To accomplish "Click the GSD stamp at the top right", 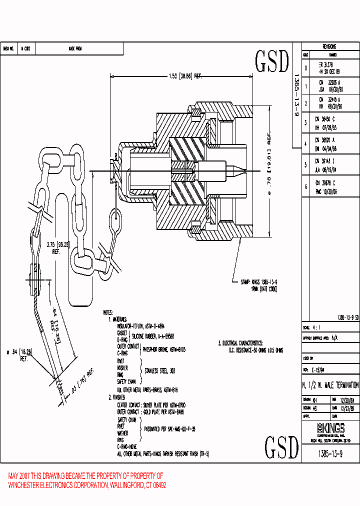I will coord(272,61).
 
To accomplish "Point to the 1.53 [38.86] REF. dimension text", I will coord(184,76).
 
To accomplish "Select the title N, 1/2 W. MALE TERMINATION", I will coord(331,385).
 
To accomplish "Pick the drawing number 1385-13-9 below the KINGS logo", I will coord(331,453).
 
